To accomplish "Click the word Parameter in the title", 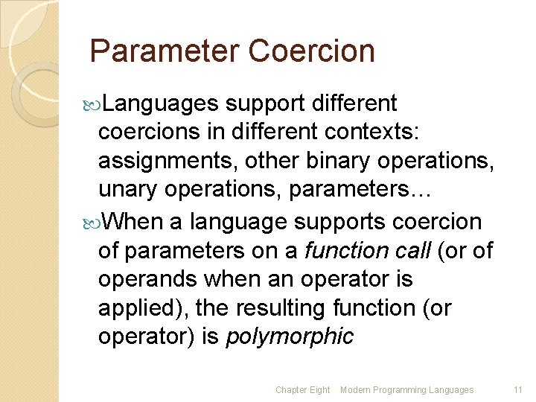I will (x=165, y=51).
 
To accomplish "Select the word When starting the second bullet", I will (x=131, y=221).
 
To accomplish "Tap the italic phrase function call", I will (x=368, y=250).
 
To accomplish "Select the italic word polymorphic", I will (x=290, y=336).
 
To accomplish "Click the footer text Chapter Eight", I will (x=302, y=390).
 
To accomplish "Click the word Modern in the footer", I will (x=356, y=390).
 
